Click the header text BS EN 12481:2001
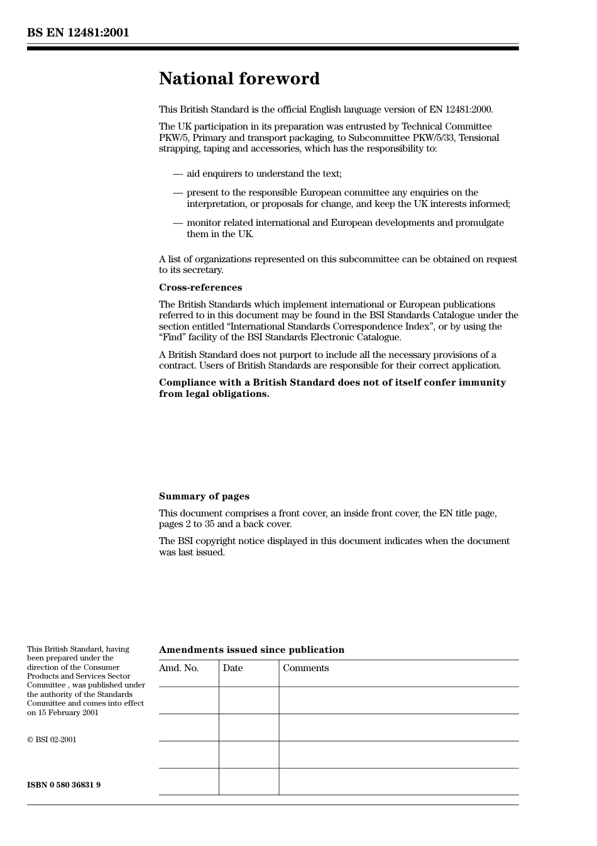click(x=78, y=33)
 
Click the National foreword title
click(x=239, y=79)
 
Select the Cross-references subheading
click(x=200, y=287)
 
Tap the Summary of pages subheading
click(x=204, y=496)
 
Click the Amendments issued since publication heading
click(x=251, y=650)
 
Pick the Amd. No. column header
click(x=178, y=668)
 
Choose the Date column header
click(x=233, y=668)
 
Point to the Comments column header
click(x=305, y=668)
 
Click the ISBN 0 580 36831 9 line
click(x=63, y=785)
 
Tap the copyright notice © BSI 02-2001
click(x=52, y=740)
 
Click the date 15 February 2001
click(x=68, y=713)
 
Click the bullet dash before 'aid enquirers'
click(x=178, y=174)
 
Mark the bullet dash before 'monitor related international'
click(x=178, y=223)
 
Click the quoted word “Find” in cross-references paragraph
click(x=172, y=337)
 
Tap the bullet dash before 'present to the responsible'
click(x=178, y=192)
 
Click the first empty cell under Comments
click(x=398, y=700)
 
